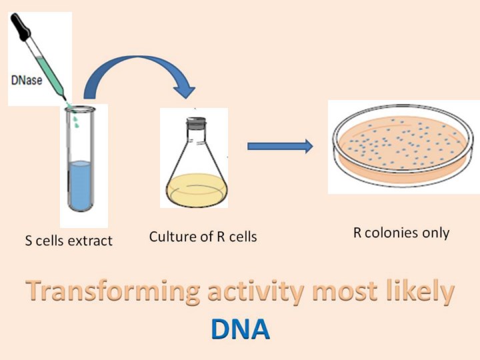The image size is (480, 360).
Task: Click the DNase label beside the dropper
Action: [27, 80]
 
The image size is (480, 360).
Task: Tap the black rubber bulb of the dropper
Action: [21, 27]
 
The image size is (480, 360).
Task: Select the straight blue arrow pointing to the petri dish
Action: [280, 146]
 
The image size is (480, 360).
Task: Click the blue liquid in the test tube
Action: [81, 185]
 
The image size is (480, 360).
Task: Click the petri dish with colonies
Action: [403, 145]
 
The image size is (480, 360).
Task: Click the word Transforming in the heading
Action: [113, 291]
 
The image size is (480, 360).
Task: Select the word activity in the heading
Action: [255, 291]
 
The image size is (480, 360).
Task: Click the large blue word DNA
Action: [240, 329]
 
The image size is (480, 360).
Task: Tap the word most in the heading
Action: [345, 293]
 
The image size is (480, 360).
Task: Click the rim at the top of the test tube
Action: [80, 109]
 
